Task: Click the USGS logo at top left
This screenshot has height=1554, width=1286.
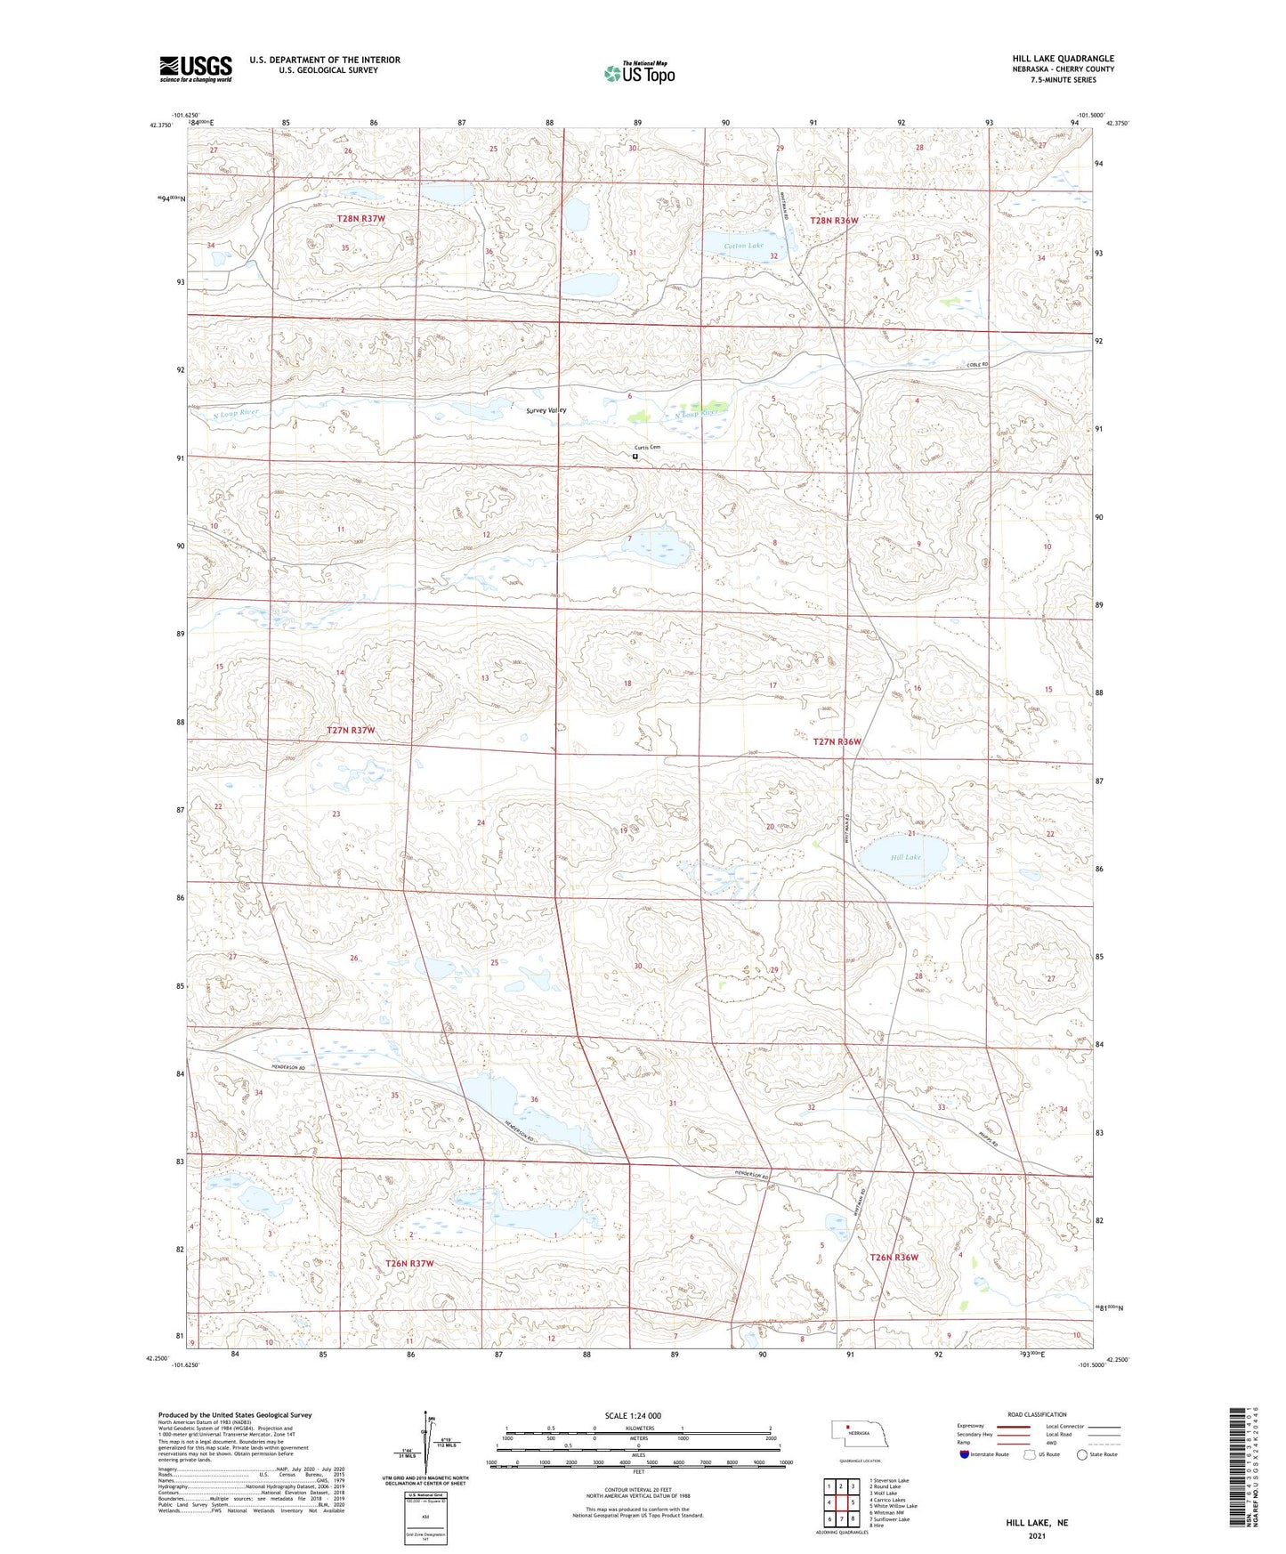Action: (x=196, y=69)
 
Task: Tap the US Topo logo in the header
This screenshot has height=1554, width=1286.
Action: (x=639, y=73)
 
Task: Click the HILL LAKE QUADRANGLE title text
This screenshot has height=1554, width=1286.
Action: (x=1063, y=59)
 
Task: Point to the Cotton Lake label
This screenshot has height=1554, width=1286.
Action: (x=743, y=246)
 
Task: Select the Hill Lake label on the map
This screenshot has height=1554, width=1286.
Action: (x=905, y=857)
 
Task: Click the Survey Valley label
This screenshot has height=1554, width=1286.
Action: (x=546, y=410)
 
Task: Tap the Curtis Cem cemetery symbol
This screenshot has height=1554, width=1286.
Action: (x=635, y=456)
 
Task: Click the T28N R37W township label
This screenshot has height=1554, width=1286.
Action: (x=360, y=218)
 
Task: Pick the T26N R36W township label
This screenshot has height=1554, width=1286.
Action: (x=893, y=1258)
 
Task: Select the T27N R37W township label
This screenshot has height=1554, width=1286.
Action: (x=351, y=730)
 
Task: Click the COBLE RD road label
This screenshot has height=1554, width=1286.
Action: (x=975, y=365)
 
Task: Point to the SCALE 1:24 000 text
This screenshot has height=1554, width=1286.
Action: (x=633, y=1416)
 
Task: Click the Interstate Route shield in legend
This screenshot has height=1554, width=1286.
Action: (x=965, y=1454)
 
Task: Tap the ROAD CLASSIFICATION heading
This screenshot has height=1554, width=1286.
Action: (x=1037, y=1414)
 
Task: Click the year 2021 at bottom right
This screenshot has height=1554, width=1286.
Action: (x=1037, y=1535)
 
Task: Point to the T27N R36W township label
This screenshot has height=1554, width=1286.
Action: (x=837, y=741)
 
